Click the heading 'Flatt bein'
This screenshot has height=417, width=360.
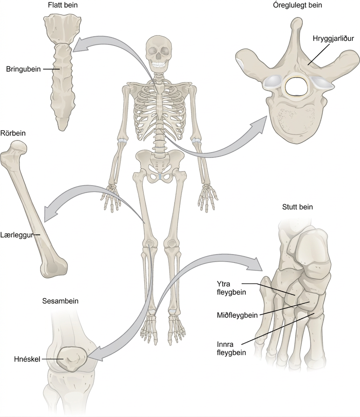coord(63,5)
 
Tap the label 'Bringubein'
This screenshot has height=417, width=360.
coord(23,69)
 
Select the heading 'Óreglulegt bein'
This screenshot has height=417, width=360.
coord(297,5)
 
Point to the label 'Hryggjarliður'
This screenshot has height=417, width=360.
coord(333,38)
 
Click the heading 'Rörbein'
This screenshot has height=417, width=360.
coord(13,133)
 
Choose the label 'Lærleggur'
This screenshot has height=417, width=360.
coord(17,235)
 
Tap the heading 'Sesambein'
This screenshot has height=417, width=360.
coord(60,301)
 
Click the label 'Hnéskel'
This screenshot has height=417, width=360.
coord(27,359)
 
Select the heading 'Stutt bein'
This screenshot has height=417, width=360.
coord(297,207)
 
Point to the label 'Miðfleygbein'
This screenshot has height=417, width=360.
coord(237,315)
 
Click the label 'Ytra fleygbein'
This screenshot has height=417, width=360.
coord(231,288)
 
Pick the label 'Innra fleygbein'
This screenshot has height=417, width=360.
coord(231,348)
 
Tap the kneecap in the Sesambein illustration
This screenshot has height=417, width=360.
coord(72,359)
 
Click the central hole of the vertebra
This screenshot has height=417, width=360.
coord(297,86)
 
